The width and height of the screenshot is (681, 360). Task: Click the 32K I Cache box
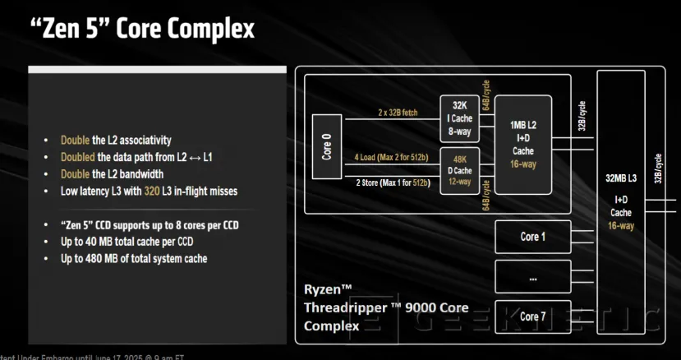tap(459, 118)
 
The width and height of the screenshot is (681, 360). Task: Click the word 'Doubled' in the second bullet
tap(78, 157)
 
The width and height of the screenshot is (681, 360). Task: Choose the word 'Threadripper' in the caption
tap(339, 307)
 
